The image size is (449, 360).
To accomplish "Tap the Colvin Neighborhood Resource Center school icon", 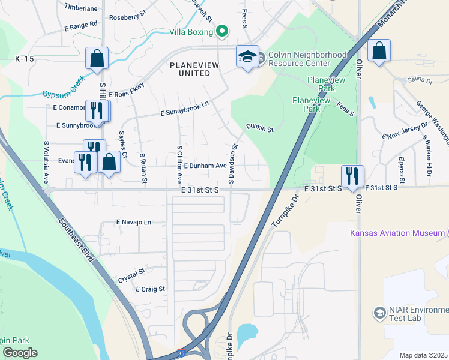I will [x=247, y=57].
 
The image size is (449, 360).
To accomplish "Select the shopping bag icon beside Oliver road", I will [x=379, y=51].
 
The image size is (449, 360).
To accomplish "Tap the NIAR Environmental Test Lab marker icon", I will [x=379, y=313].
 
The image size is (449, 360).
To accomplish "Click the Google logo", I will [x=20, y=353].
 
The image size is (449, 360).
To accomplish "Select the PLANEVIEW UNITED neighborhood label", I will [x=190, y=69].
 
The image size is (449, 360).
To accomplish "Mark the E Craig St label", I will [x=150, y=289].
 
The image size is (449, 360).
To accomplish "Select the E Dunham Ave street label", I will [x=205, y=166].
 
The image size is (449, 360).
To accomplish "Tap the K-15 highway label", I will [x=25, y=59].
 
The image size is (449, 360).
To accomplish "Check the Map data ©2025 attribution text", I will [x=423, y=355].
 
